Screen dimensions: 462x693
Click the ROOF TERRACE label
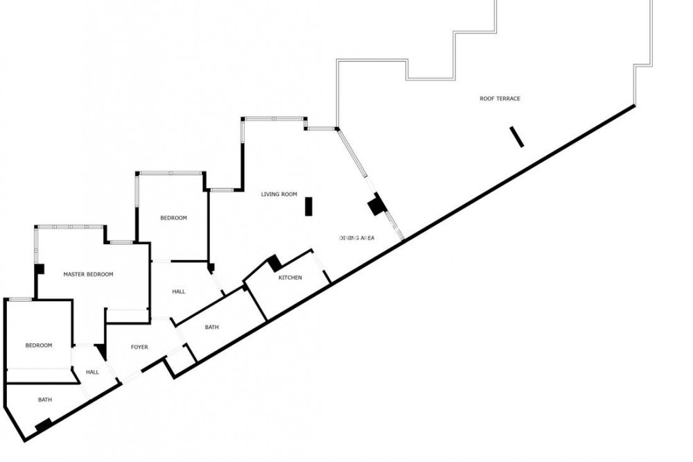point(500,99)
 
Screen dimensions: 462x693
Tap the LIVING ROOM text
point(279,194)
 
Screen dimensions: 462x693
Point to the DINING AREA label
point(357,238)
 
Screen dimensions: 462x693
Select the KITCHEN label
point(290,277)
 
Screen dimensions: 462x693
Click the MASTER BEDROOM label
point(88,274)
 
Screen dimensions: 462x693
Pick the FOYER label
point(139,347)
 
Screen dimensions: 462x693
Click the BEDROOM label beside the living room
point(173,218)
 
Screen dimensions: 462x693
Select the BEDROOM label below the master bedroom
point(39,345)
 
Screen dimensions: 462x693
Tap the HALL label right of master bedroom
point(178,291)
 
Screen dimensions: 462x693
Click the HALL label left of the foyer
point(92,372)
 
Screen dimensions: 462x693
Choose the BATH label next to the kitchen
point(212,327)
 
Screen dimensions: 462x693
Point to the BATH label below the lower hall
point(45,400)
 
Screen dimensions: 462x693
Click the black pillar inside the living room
point(308,206)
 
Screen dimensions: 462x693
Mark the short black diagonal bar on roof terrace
point(517,137)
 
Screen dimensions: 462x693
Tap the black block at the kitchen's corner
point(274,262)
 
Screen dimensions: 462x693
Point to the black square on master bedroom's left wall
point(40,268)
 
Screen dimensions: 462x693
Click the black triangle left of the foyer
point(102,352)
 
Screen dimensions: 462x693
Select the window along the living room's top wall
point(274,119)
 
